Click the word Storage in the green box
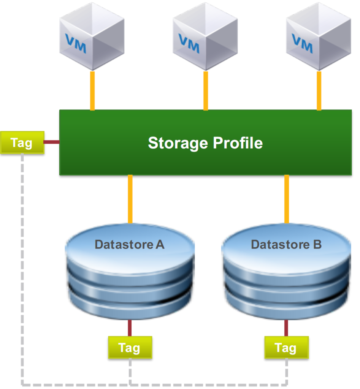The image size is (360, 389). [178, 143]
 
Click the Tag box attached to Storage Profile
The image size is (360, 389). [22, 142]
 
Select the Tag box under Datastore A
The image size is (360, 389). [130, 347]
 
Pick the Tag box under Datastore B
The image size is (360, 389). [286, 347]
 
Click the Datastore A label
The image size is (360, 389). [130, 244]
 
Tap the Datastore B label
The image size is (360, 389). [286, 244]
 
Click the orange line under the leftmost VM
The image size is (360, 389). [92, 90]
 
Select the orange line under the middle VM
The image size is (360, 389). [206, 90]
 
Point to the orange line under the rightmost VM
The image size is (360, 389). [319, 90]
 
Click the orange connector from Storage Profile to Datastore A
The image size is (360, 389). [130, 199]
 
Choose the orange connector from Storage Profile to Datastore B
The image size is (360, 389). [287, 199]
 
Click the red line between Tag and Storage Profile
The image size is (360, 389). [52, 142]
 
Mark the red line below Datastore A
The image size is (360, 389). [130, 328]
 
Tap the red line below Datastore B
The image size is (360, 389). [286, 328]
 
